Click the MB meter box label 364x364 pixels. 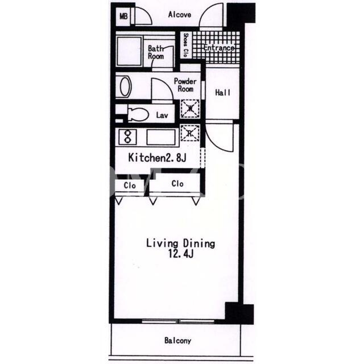123,16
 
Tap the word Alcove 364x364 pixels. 180,15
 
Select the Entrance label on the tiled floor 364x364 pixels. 219,48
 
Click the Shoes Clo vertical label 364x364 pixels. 185,45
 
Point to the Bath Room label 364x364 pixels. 156,52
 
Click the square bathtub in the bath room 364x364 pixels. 129,51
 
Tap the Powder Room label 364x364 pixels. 185,85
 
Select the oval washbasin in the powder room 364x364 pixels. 125,86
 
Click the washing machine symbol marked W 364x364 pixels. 190,108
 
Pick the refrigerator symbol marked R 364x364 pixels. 190,133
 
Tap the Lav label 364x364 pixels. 162,115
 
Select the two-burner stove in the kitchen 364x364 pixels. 127,137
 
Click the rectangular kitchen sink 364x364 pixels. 161,137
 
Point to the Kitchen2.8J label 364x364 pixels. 157,158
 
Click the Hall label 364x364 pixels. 222,92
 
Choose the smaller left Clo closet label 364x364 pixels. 130,185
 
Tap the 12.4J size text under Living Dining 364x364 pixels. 181,254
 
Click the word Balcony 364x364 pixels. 177,341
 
